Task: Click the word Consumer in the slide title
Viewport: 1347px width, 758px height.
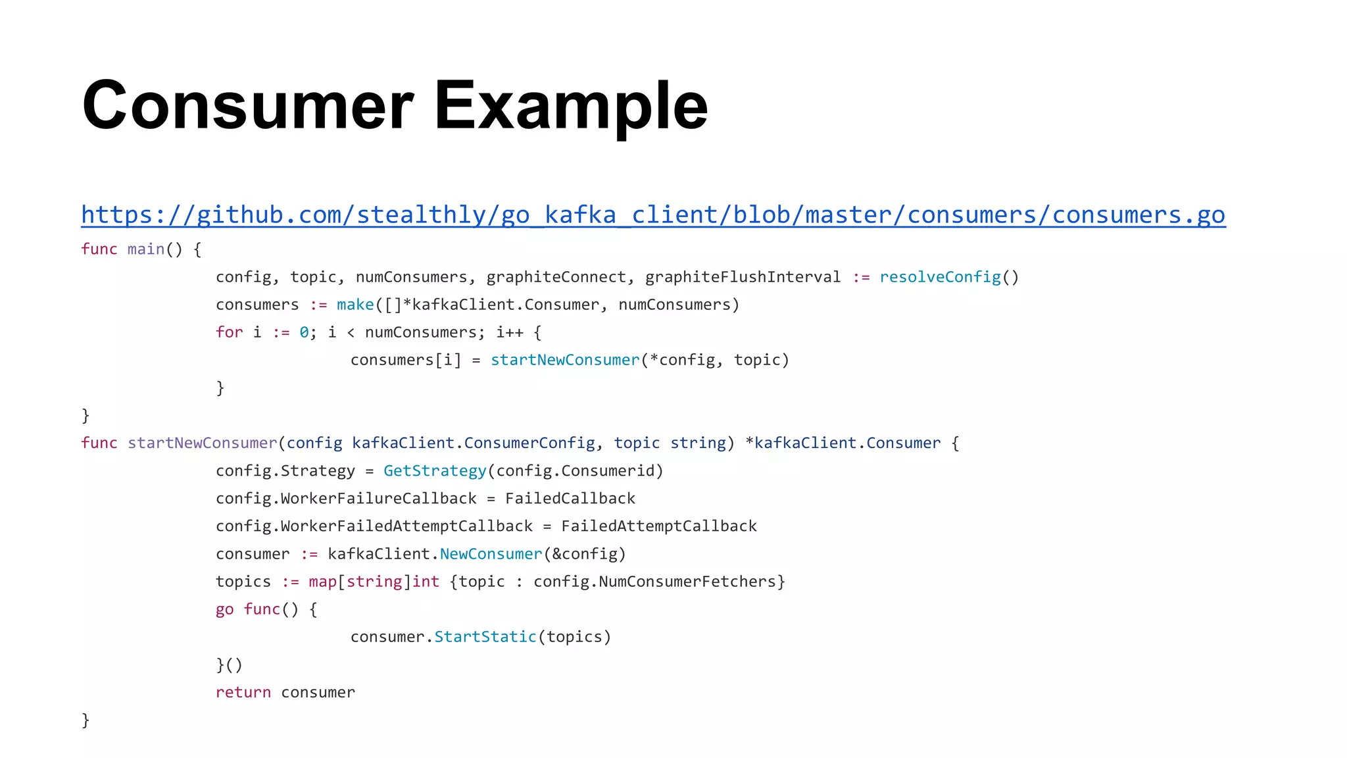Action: coord(248,105)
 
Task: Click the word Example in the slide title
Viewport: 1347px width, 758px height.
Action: coord(570,105)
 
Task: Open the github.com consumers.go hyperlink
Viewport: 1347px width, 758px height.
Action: coord(652,215)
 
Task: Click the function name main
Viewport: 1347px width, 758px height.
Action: coord(145,249)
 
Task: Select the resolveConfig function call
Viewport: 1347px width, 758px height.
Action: coord(940,277)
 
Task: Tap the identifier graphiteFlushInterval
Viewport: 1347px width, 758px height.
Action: coord(743,277)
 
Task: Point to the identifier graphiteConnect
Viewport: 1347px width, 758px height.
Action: coord(556,277)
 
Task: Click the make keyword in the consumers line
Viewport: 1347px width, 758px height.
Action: coord(355,305)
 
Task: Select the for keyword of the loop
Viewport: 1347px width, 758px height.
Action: coord(229,332)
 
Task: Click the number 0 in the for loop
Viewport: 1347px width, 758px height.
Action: coord(304,332)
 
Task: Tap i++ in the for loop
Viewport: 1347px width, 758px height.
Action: coord(510,332)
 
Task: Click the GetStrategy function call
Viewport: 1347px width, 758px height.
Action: coord(435,471)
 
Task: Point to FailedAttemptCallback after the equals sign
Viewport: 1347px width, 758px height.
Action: coord(659,526)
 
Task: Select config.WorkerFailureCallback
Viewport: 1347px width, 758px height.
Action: coord(346,499)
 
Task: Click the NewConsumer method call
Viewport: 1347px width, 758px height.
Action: coord(491,554)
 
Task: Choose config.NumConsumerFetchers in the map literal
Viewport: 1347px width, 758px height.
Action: coord(654,582)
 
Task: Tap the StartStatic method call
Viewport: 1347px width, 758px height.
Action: coord(485,637)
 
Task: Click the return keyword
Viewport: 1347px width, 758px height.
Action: coord(243,692)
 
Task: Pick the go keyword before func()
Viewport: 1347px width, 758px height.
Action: coord(224,609)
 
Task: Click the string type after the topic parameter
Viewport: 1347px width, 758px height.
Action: coord(698,443)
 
